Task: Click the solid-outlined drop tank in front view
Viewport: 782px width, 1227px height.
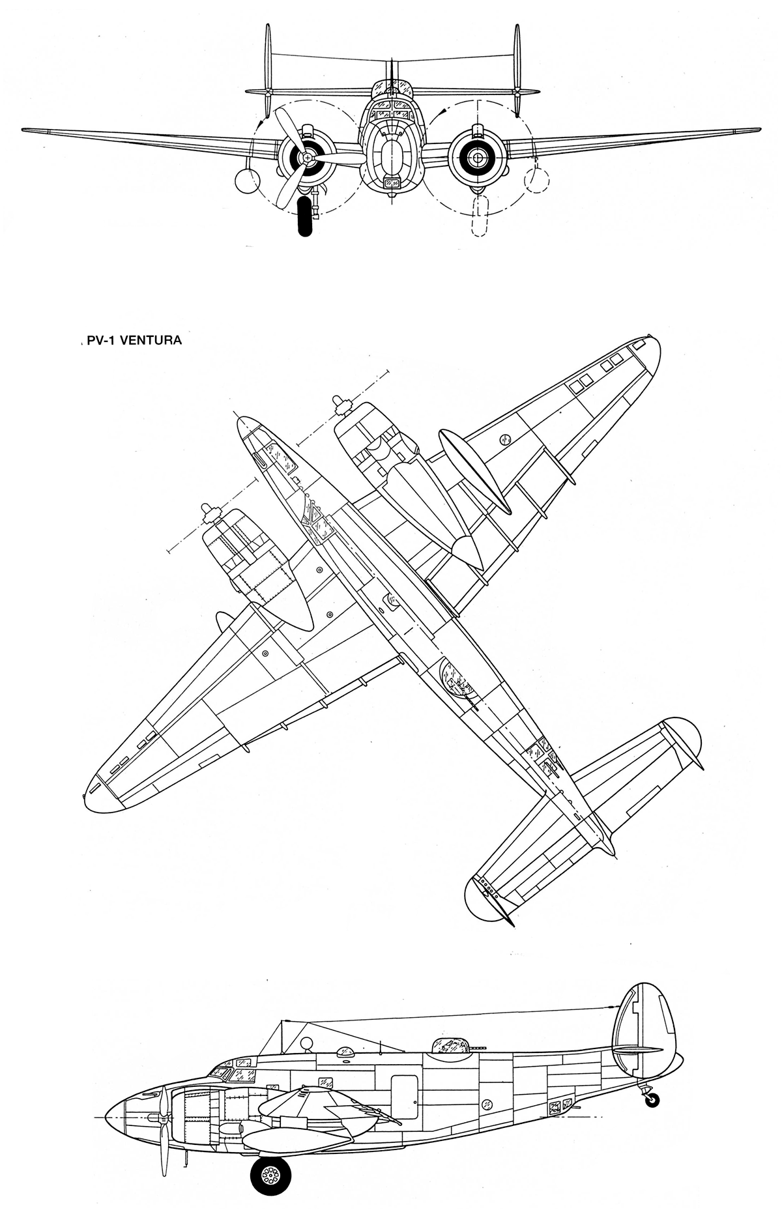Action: click(247, 181)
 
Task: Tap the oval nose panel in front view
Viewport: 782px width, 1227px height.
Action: click(391, 155)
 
